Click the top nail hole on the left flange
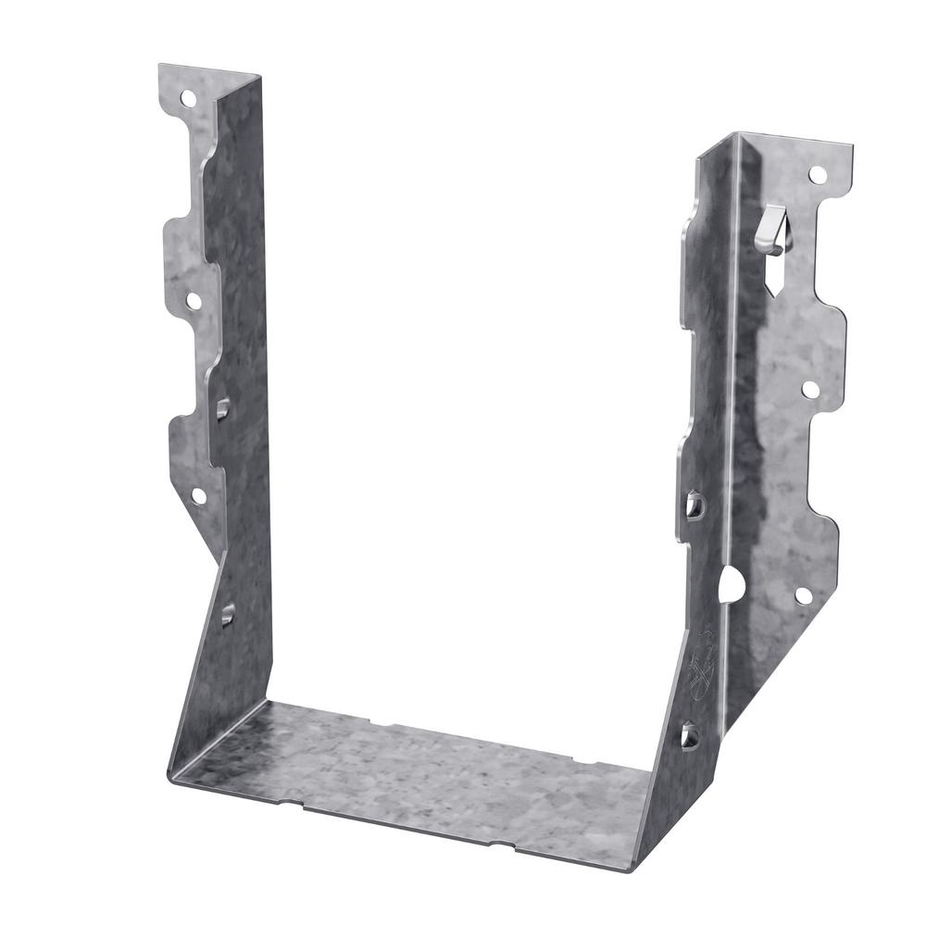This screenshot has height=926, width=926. (x=188, y=96)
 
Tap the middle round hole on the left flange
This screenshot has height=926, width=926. (x=193, y=301)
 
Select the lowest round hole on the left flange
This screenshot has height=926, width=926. (x=198, y=495)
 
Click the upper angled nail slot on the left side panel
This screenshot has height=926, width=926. (x=223, y=407)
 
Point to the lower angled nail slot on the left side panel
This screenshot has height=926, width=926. (x=227, y=612)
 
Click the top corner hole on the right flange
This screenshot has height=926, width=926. (x=817, y=174)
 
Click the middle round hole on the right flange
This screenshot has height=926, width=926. (x=810, y=390)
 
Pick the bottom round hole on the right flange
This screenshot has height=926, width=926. (x=803, y=595)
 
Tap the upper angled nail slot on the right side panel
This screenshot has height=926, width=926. (x=695, y=505)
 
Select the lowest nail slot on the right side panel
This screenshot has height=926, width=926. (x=690, y=736)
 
